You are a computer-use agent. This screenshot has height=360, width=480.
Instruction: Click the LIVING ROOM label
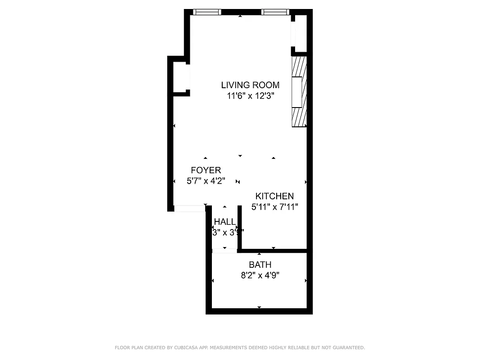(x=250, y=85)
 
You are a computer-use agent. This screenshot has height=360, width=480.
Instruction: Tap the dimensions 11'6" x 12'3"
(x=250, y=95)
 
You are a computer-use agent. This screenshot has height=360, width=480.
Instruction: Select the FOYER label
(x=206, y=170)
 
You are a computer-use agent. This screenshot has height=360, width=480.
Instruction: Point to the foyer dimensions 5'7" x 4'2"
(x=206, y=181)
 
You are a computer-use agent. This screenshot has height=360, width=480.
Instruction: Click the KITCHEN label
(x=274, y=196)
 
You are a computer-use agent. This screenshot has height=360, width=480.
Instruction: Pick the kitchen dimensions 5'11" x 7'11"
(x=274, y=207)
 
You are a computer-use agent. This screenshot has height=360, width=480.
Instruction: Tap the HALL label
(x=225, y=221)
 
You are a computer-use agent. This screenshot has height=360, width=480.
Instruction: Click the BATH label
(x=260, y=265)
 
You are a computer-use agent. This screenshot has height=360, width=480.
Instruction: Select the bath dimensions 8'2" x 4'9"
(x=260, y=275)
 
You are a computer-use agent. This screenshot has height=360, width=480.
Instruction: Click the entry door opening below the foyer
(x=189, y=208)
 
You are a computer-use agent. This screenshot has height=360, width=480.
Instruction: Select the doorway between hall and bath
(x=224, y=251)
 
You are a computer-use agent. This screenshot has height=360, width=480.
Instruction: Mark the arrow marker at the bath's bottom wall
(x=259, y=307)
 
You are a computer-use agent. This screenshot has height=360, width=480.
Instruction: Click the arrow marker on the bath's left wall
(x=212, y=280)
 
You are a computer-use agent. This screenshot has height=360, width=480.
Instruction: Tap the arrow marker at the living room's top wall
(x=240, y=16)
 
